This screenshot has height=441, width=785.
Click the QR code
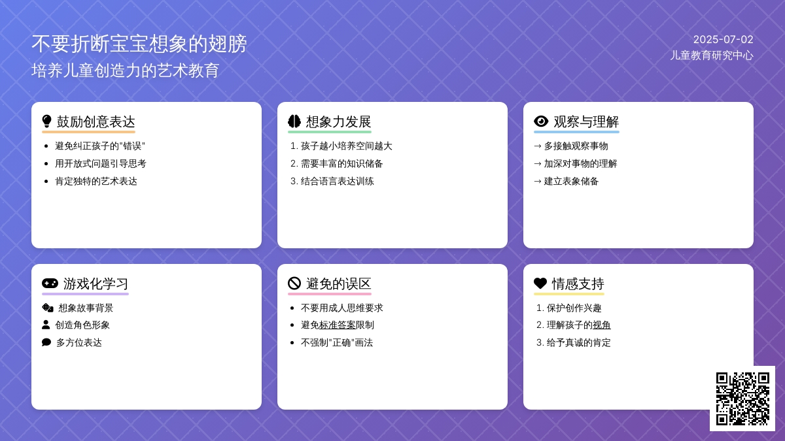click(x=742, y=399)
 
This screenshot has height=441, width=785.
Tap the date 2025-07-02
click(x=724, y=40)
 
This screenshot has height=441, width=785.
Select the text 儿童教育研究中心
click(x=712, y=56)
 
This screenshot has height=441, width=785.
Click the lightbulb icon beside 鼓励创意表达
click(x=46, y=122)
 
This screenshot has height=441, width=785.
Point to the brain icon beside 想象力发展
click(x=294, y=122)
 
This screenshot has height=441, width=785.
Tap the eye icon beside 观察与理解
click(x=541, y=122)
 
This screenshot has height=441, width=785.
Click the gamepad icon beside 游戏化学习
click(x=50, y=283)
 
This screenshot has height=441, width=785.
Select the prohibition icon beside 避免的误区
click(x=294, y=283)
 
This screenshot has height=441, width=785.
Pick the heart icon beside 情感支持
click(x=540, y=283)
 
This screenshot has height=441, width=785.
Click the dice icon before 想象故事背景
click(x=48, y=308)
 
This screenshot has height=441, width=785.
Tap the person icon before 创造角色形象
click(x=46, y=325)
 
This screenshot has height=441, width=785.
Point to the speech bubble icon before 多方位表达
click(x=46, y=342)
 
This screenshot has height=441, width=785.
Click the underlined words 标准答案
click(x=337, y=325)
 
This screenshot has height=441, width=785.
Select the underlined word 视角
click(x=601, y=325)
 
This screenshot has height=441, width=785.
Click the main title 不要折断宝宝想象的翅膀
click(x=139, y=44)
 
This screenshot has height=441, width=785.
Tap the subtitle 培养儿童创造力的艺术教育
click(x=125, y=71)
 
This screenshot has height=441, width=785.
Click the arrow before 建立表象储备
click(x=538, y=182)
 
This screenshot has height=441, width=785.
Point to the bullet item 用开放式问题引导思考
click(x=101, y=164)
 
